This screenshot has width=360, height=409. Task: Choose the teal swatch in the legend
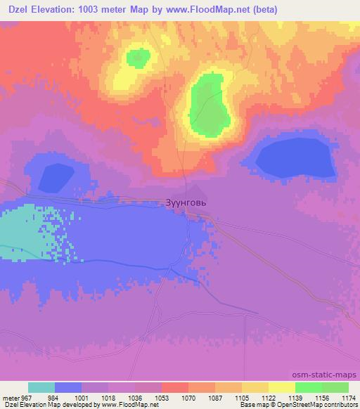pyautogui.click(x=41, y=387)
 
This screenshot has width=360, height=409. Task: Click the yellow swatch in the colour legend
pyautogui.click(x=282, y=387)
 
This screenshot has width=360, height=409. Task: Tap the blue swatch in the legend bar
pyautogui.click(x=68, y=387)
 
